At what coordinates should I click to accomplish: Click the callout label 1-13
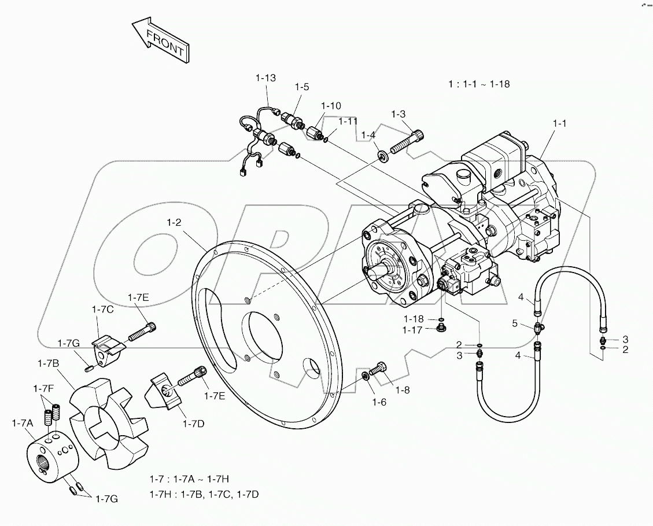(266, 78)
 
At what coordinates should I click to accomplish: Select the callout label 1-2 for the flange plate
(174, 222)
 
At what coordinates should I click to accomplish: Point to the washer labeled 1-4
(382, 155)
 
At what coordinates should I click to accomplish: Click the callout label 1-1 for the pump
(560, 123)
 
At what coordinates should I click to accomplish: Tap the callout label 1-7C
(102, 310)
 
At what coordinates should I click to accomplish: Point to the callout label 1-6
(378, 402)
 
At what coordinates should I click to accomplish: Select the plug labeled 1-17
(440, 329)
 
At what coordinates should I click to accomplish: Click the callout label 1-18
(414, 319)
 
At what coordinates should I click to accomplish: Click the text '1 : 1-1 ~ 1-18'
(479, 84)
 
